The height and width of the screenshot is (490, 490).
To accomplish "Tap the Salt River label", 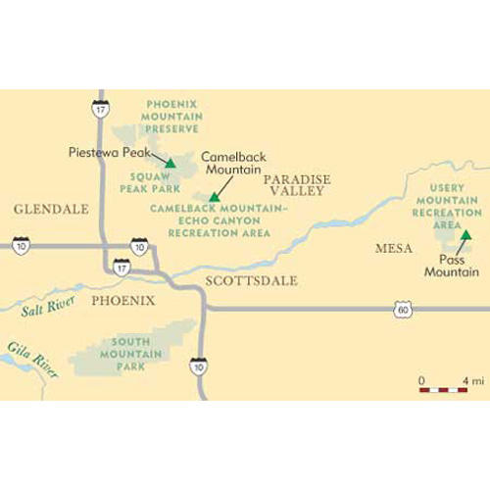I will click(x=42, y=315).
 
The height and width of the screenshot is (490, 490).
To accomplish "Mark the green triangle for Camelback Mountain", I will click(x=213, y=197).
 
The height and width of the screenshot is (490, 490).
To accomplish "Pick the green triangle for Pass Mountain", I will click(x=467, y=236).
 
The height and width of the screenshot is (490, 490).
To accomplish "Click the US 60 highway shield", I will click(x=404, y=309).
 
